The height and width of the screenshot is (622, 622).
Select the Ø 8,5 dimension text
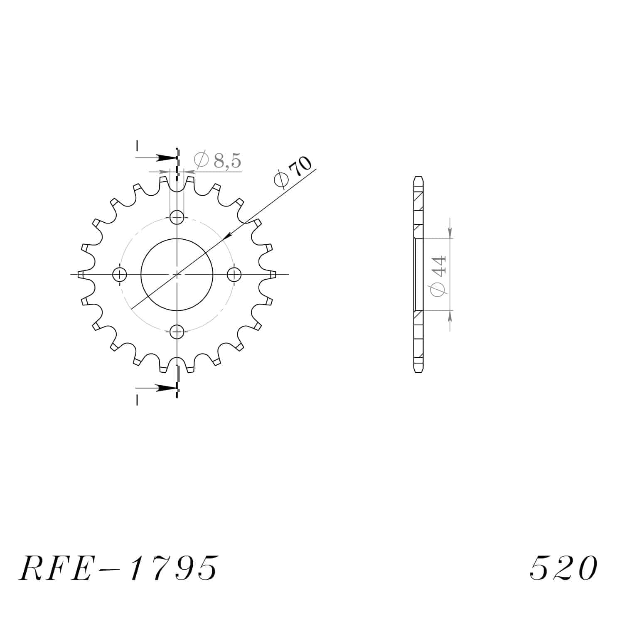point(218,160)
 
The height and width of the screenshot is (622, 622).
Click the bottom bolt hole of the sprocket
point(177,331)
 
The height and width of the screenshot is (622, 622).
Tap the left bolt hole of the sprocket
point(120,274)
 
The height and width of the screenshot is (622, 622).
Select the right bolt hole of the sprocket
point(234,274)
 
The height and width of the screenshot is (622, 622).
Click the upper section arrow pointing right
point(156,158)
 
